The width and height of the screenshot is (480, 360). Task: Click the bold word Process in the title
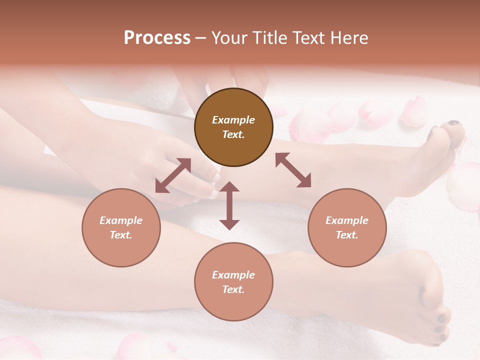157,38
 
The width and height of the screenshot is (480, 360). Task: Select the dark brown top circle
233,127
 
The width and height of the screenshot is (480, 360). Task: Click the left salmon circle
121,227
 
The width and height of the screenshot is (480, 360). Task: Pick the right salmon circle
347,227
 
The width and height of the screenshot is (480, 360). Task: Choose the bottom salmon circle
233,281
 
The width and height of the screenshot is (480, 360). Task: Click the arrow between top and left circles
173,175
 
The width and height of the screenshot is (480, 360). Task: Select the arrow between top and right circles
293,170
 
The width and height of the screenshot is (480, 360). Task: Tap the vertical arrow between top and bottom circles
229,205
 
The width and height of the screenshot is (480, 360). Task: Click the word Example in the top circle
233,120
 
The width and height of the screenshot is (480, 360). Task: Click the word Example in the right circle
347,220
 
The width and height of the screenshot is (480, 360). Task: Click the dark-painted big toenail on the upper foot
453,123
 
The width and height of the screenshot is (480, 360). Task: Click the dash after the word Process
200,38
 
